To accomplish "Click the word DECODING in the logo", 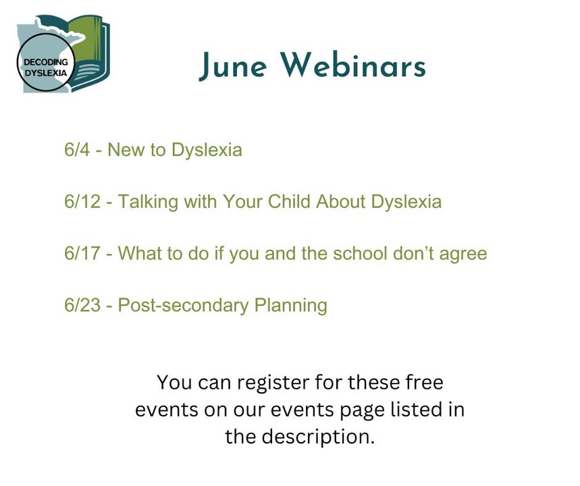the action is pyautogui.click(x=46, y=62).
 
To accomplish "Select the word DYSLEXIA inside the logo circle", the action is pyautogui.click(x=46, y=72).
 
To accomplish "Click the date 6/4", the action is pyautogui.click(x=76, y=150).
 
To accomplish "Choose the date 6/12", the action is pyautogui.click(x=82, y=202).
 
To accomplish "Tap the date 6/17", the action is pyautogui.click(x=82, y=253).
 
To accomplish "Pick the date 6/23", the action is pyautogui.click(x=82, y=305).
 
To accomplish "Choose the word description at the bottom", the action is pyautogui.click(x=318, y=437).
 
